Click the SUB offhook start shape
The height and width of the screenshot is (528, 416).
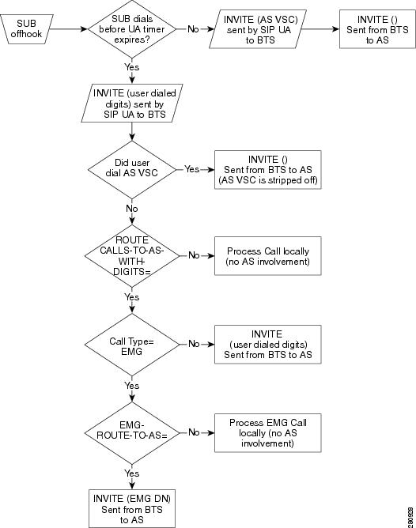click(x=26, y=29)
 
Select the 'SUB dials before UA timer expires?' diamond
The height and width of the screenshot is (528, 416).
click(x=132, y=29)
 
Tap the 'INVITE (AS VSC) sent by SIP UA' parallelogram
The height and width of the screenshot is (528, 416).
click(x=258, y=29)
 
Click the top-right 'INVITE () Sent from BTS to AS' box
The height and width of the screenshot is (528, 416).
click(x=377, y=29)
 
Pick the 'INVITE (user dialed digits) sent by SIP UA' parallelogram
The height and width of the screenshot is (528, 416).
click(x=132, y=103)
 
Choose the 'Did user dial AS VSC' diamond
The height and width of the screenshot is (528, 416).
click(x=132, y=169)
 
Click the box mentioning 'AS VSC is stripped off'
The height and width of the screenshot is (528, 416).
click(x=268, y=170)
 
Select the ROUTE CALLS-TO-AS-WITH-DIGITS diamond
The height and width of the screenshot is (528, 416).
click(x=132, y=256)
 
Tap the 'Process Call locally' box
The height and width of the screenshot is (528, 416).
click(x=268, y=256)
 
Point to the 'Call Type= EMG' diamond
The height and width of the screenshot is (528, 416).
click(x=132, y=345)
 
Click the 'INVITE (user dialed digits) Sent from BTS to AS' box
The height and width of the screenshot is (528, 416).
click(x=268, y=345)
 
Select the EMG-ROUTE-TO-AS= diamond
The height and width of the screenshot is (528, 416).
click(x=132, y=432)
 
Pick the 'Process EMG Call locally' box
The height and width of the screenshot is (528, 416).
click(x=268, y=432)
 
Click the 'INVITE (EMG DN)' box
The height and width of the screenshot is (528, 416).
click(x=132, y=508)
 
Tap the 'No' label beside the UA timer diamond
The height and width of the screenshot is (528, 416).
click(x=193, y=29)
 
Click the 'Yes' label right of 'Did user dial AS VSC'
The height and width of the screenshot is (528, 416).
click(x=192, y=169)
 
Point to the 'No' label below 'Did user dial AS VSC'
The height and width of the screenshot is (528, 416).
click(x=132, y=209)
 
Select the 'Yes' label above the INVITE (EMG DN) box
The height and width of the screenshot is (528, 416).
click(x=132, y=473)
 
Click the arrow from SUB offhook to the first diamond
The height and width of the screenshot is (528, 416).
click(x=68, y=29)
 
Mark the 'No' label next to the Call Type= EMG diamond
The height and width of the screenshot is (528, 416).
click(x=194, y=344)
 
